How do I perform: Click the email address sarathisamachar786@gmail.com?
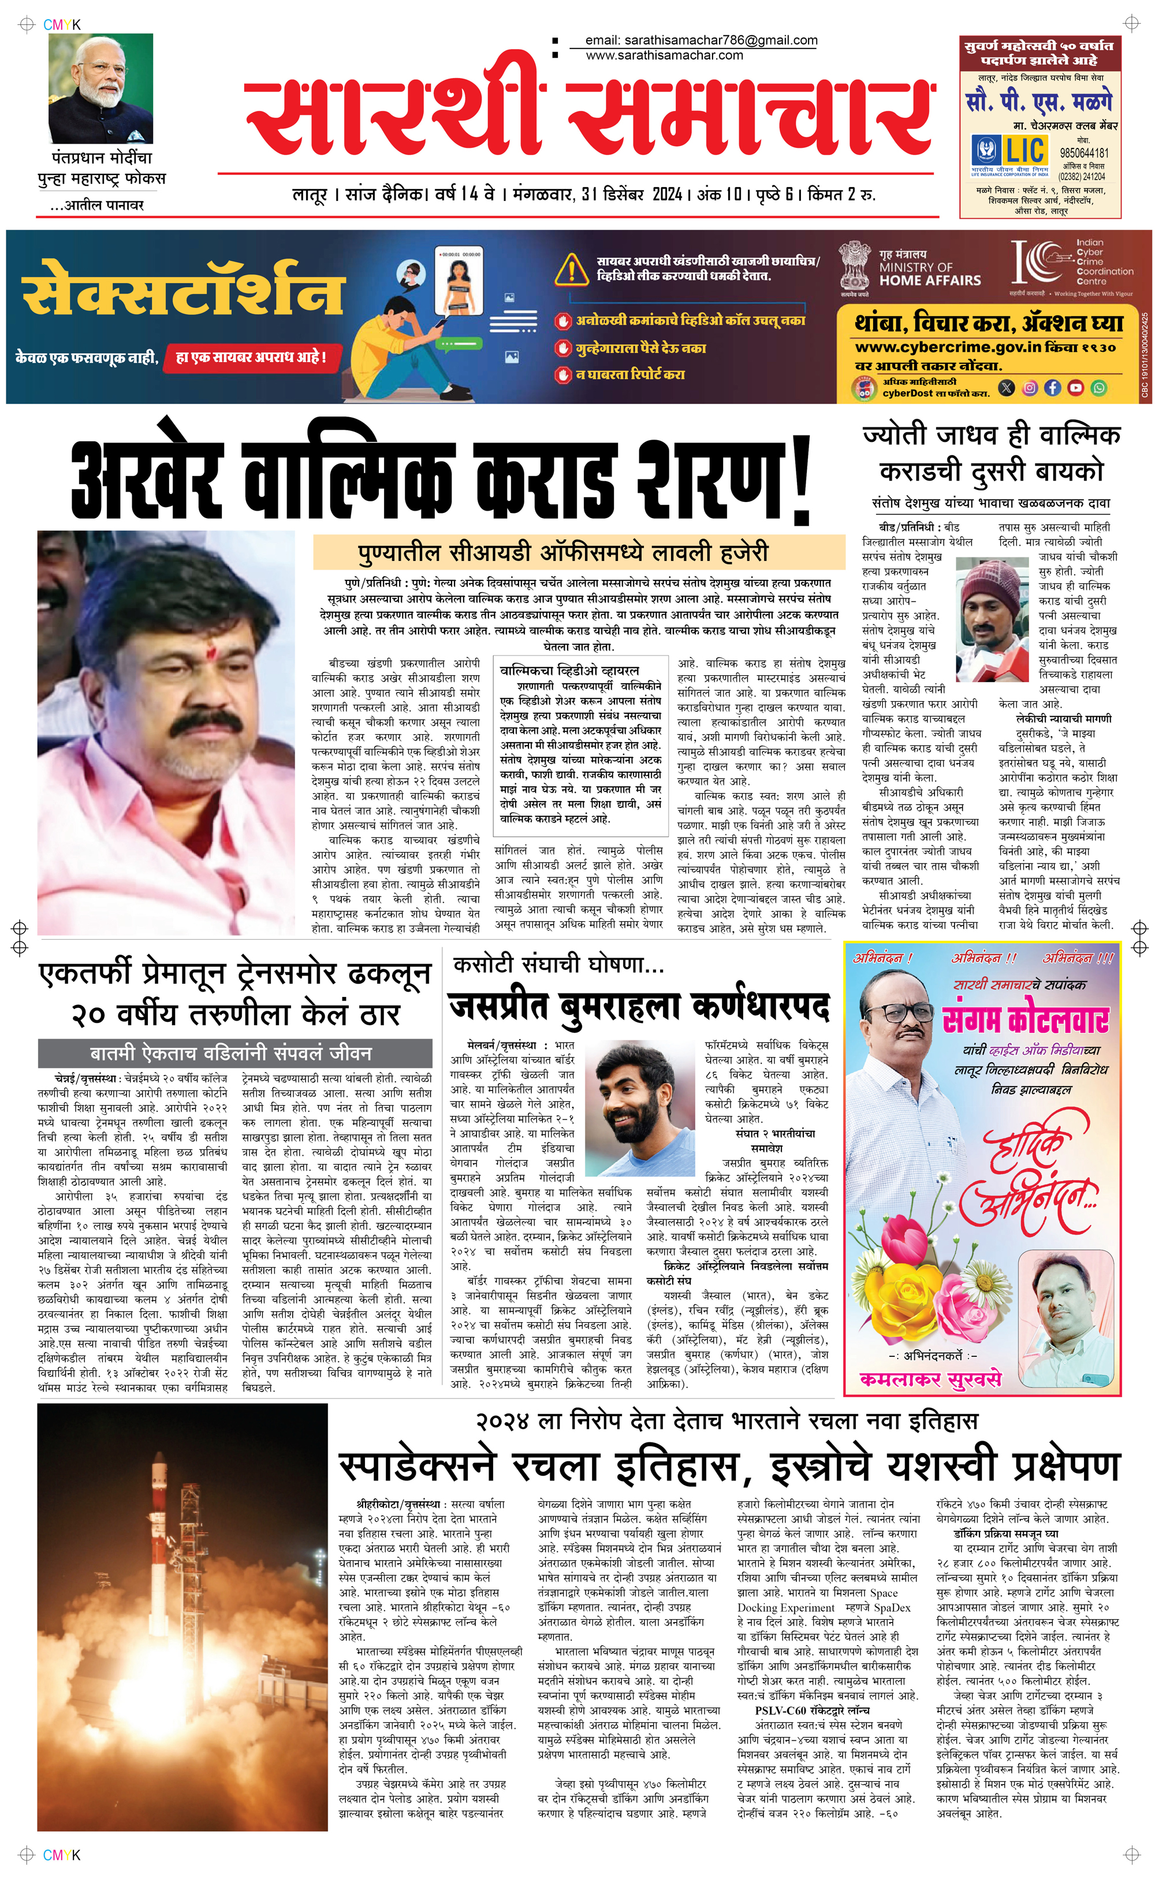[x=701, y=40]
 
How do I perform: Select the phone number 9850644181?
[x=1083, y=152]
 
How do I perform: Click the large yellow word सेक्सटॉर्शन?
[x=183, y=289]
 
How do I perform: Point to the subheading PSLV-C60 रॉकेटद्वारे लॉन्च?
[x=812, y=1709]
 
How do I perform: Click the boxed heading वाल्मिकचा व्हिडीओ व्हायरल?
[x=569, y=670]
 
